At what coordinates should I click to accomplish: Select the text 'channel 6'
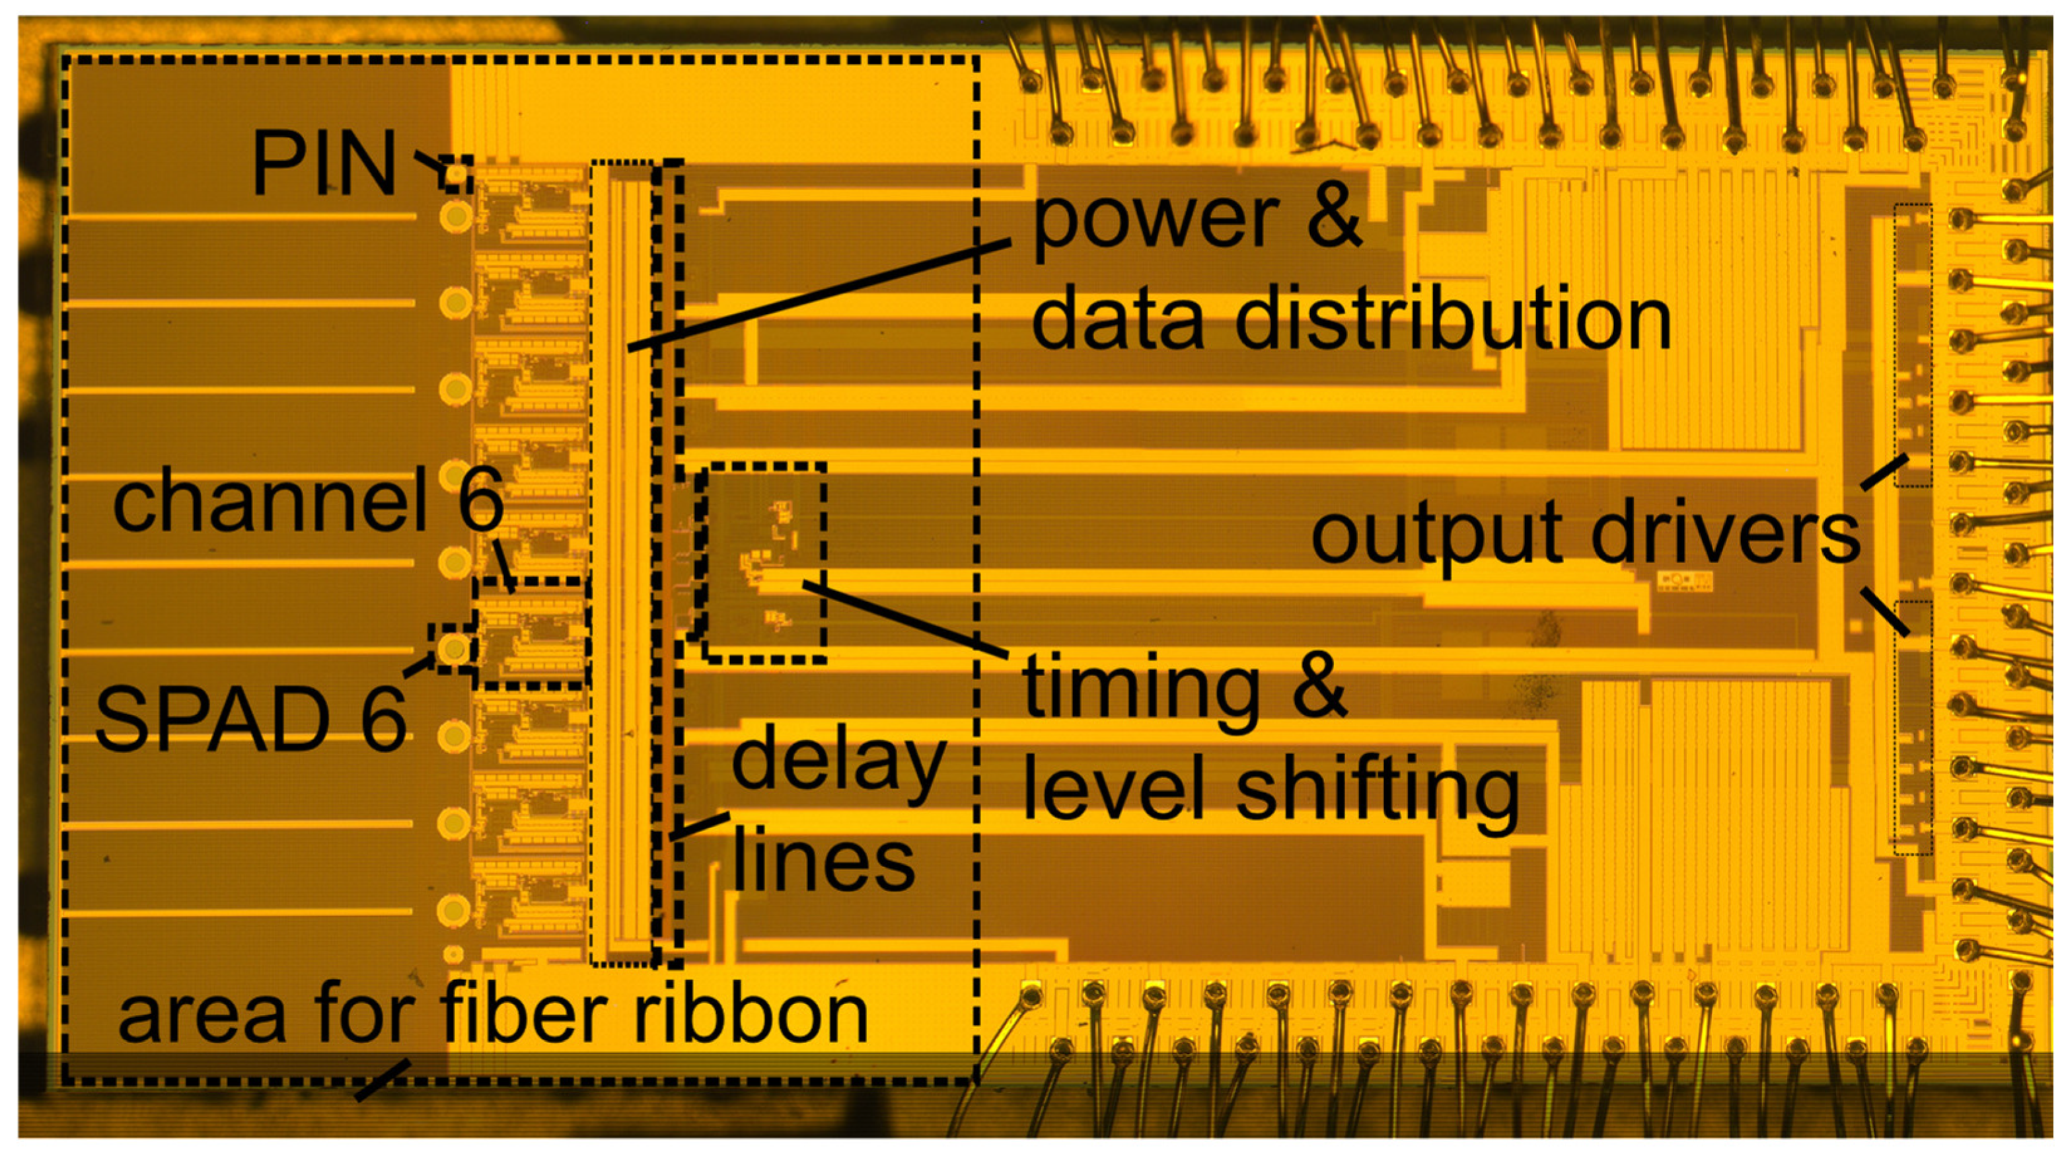308,502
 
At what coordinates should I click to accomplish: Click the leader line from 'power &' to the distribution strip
817,295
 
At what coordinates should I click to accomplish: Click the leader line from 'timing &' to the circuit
905,619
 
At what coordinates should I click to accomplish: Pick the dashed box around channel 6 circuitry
532,633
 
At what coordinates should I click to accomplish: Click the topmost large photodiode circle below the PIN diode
456,215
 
